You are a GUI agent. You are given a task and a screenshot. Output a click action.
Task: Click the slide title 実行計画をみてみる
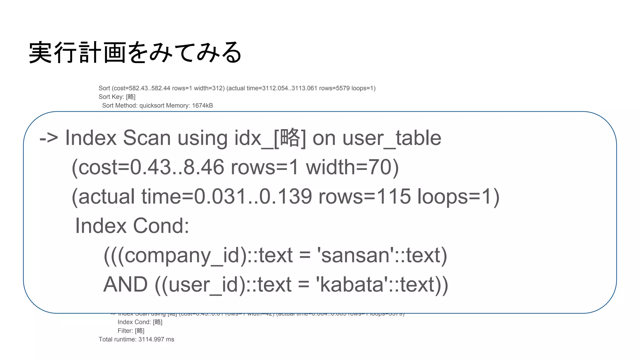click(x=135, y=52)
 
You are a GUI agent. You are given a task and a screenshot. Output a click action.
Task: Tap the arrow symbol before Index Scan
click(x=48, y=138)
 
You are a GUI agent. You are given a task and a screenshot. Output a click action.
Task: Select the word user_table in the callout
click(x=392, y=138)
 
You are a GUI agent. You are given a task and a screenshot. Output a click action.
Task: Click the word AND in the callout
click(x=125, y=284)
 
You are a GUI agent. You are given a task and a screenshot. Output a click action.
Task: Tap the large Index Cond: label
click(x=132, y=226)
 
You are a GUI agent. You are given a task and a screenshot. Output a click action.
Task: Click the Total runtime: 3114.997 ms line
click(x=136, y=339)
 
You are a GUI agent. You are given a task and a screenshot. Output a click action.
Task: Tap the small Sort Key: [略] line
click(x=117, y=97)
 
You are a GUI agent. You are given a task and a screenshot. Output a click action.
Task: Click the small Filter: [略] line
click(x=131, y=331)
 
